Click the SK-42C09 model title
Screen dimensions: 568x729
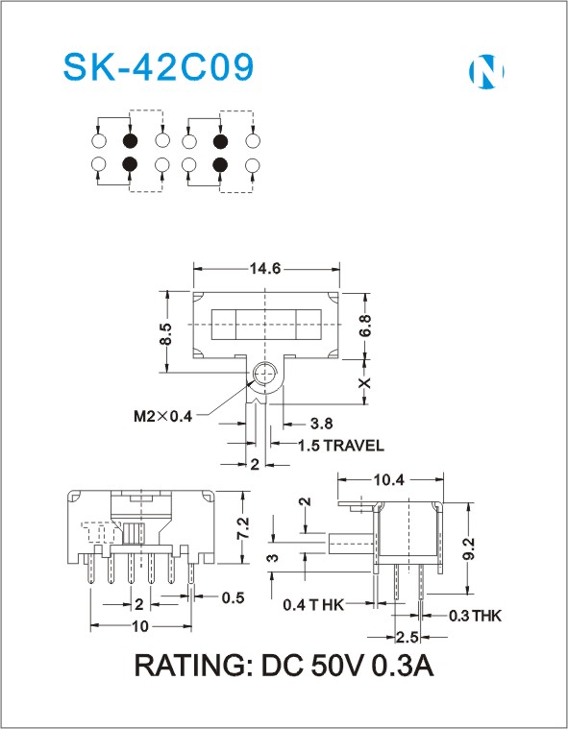coord(159,67)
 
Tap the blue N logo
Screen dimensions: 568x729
coord(485,72)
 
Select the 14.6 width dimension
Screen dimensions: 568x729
coord(265,269)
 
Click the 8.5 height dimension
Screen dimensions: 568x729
coord(166,334)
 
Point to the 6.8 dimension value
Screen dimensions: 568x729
coord(365,326)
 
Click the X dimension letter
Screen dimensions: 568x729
coord(365,382)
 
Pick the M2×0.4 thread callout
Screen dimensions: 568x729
coord(162,416)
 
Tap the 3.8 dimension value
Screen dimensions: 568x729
coord(321,424)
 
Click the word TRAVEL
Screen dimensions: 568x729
coord(354,446)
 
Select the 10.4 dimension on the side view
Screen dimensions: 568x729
coord(389,480)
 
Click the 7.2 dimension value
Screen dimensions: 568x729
coord(243,528)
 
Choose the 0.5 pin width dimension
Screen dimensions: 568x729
coord(233,597)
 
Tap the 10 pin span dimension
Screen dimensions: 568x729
coord(140,627)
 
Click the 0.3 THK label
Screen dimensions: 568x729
coord(475,616)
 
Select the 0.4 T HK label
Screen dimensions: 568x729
coord(313,605)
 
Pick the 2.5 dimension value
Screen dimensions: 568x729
coord(407,638)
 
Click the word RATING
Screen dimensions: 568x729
coord(193,666)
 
